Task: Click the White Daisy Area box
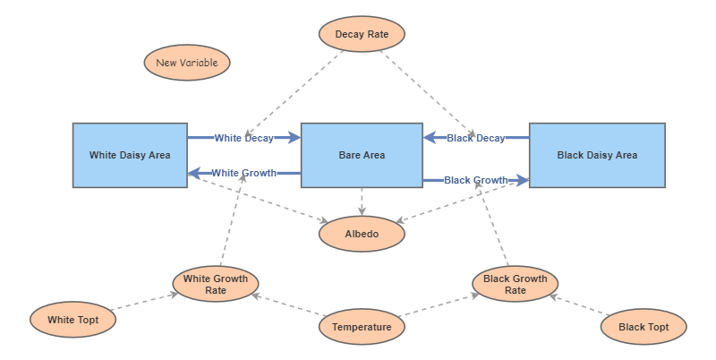(x=130, y=155)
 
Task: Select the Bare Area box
(x=362, y=155)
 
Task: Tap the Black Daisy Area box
(x=597, y=155)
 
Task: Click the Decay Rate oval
(x=362, y=35)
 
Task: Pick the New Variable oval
(x=187, y=63)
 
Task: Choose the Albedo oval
(x=362, y=235)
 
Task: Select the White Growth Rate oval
(x=216, y=284)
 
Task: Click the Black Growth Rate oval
(x=515, y=284)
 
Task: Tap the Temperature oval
(x=362, y=327)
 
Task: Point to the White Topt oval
(x=72, y=320)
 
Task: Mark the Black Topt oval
(x=644, y=327)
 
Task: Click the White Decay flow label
(x=244, y=138)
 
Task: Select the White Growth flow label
(x=243, y=173)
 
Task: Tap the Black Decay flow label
(x=475, y=138)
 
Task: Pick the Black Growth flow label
(x=475, y=180)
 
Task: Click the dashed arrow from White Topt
(x=144, y=302)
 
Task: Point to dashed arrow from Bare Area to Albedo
(x=362, y=201)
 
